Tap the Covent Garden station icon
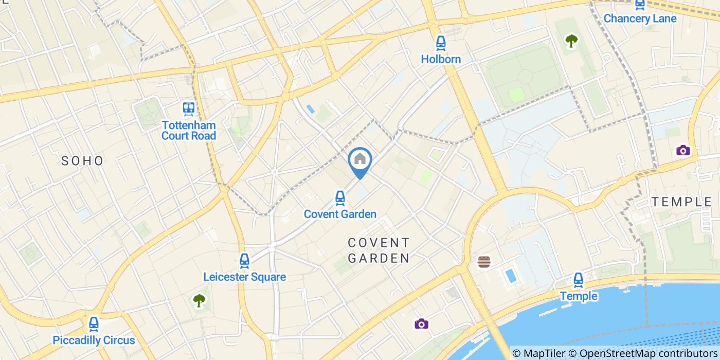click(x=339, y=197)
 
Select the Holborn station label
click(x=441, y=59)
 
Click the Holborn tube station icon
click(x=441, y=43)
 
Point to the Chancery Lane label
click(x=640, y=19)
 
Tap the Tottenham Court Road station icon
click(x=189, y=109)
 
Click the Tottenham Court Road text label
click(x=189, y=130)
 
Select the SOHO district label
click(x=82, y=161)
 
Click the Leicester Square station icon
click(x=244, y=260)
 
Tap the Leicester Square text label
click(x=244, y=277)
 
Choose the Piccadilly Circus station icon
click(x=94, y=323)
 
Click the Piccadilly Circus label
click(x=94, y=340)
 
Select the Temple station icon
click(x=579, y=280)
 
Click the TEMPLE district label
click(x=682, y=202)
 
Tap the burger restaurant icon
click(x=484, y=262)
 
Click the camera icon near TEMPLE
click(x=683, y=150)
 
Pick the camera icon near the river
click(x=421, y=323)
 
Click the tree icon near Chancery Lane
click(x=571, y=41)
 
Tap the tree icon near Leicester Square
click(x=199, y=300)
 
